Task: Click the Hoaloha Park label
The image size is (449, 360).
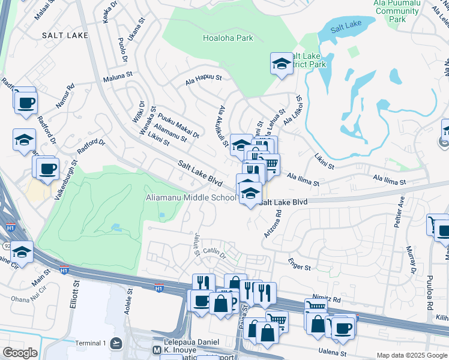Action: coord(228,37)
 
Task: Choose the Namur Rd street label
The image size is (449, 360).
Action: coord(65,96)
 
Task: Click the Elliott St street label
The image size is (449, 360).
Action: coord(76,298)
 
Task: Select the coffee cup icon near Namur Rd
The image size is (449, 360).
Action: coord(25,103)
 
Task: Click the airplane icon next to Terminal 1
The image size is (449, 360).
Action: coord(116,343)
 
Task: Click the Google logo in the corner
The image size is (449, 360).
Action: coord(20,353)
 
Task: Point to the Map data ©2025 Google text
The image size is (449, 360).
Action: coord(412,355)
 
